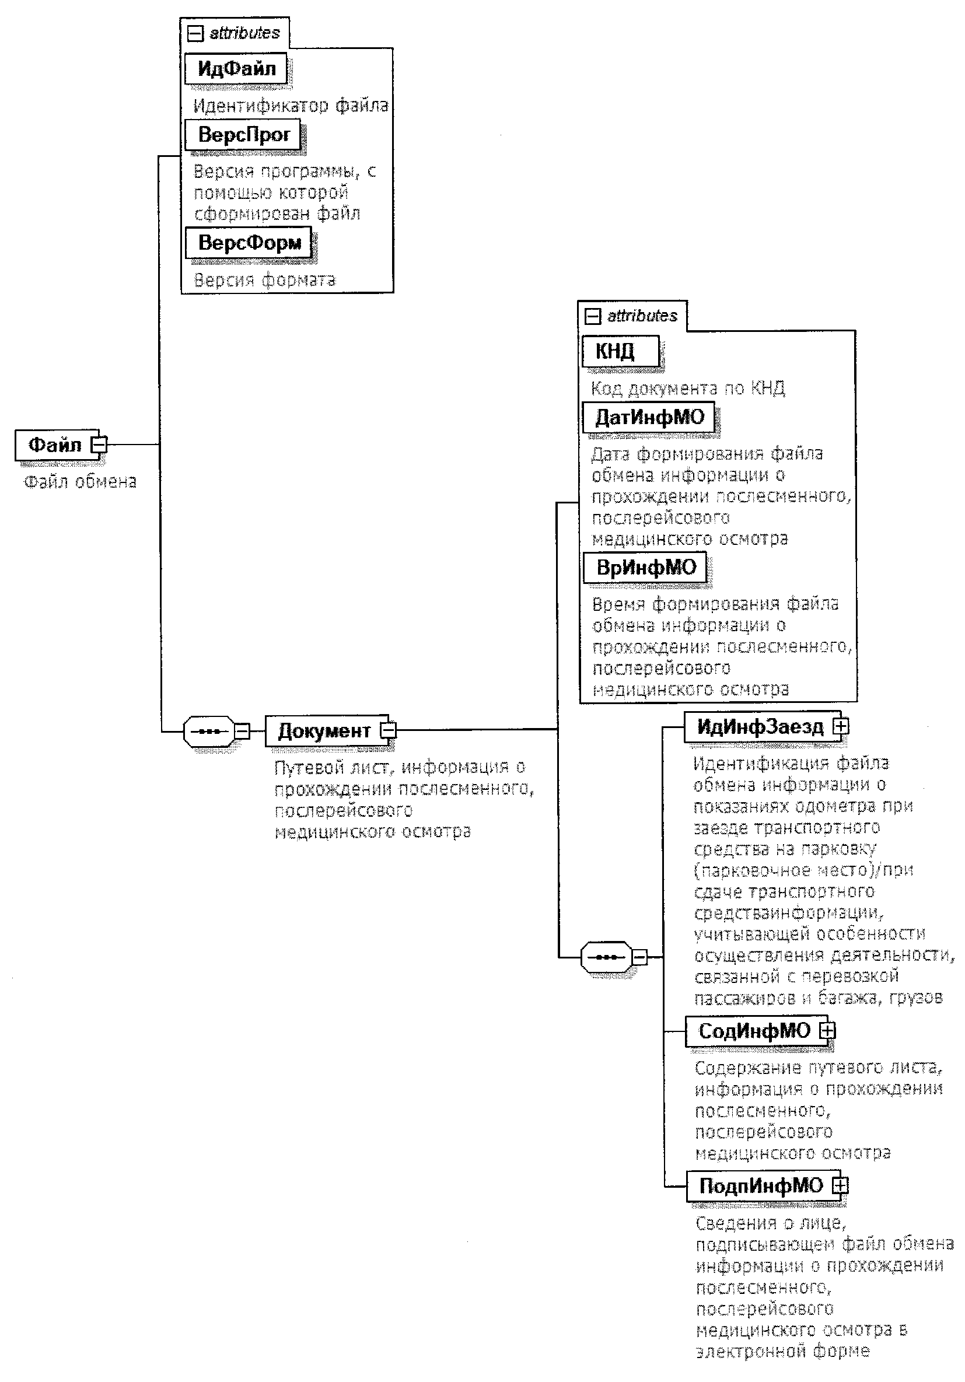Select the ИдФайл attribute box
(235, 69)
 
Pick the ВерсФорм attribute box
(248, 243)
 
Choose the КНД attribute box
(620, 351)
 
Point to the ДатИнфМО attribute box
(648, 417)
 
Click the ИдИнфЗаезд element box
(763, 727)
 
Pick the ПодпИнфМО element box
(763, 1185)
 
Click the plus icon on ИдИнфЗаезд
(840, 726)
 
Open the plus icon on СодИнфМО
(828, 1030)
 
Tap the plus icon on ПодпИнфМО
(840, 1185)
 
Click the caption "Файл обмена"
(80, 481)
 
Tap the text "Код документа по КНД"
(688, 389)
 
